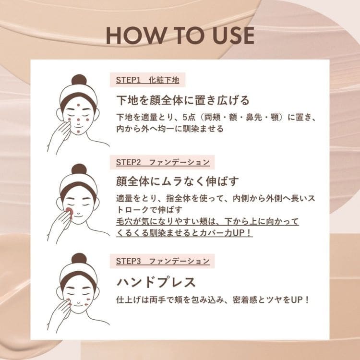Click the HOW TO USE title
(x=180, y=36)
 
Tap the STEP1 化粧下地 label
(x=147, y=80)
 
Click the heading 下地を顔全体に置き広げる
(x=183, y=100)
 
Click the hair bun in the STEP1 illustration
(x=78, y=80)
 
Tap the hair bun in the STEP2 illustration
(x=78, y=169)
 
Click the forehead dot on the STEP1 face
(x=78, y=105)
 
